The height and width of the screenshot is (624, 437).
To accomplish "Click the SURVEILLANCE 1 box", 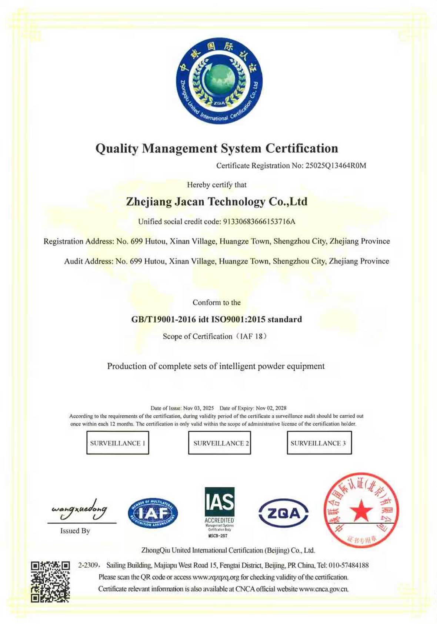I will click(118, 442).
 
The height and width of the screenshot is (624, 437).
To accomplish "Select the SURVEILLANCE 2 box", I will click(220, 442).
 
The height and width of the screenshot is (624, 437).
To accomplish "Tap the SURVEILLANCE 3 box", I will click(319, 442).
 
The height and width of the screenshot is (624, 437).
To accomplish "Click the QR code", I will click(50, 581).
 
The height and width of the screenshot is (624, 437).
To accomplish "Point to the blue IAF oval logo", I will click(153, 513).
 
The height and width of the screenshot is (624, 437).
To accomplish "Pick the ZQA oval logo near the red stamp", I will click(283, 513).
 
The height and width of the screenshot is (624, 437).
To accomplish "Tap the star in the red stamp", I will click(361, 511).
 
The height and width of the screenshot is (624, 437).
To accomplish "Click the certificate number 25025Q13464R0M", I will click(336, 166).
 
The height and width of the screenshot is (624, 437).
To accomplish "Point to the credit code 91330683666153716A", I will click(259, 222).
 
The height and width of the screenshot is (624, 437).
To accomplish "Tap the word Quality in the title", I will click(117, 149).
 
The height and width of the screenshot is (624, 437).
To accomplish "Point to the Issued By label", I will click(75, 531).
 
